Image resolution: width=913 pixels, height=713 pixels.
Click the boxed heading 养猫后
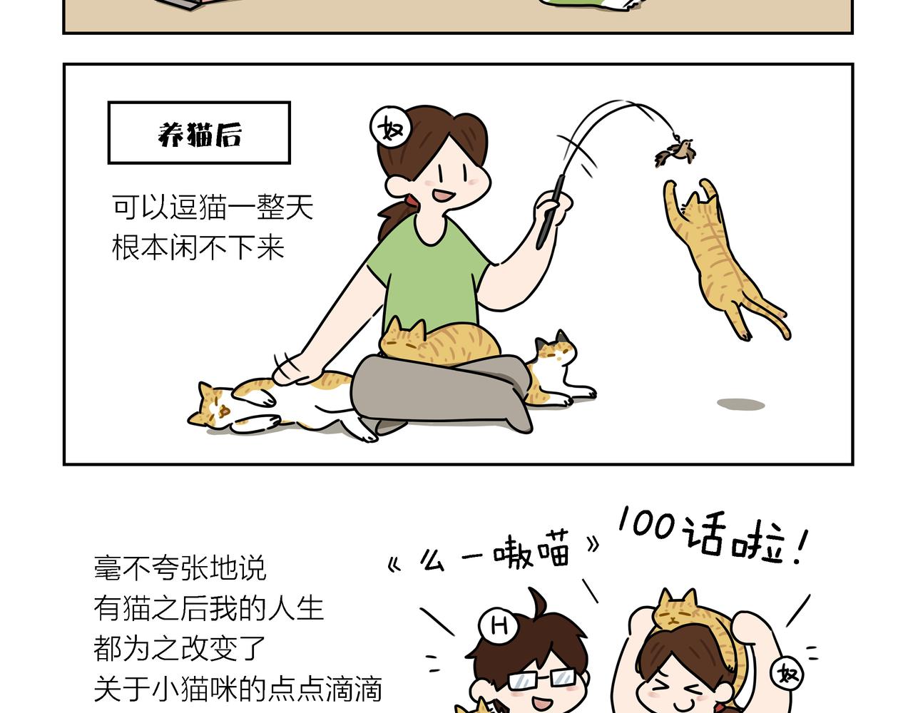199,133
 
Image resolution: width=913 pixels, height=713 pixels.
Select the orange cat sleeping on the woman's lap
439,342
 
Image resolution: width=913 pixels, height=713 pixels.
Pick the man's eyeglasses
542,678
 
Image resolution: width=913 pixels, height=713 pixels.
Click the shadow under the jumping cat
740,404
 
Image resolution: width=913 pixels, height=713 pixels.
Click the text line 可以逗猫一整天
213,207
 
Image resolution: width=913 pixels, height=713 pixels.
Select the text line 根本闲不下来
198,247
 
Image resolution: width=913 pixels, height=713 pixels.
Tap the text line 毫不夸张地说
180,568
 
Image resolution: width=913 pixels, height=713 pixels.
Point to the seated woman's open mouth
444,195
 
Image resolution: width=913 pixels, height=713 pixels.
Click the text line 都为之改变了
180,648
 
